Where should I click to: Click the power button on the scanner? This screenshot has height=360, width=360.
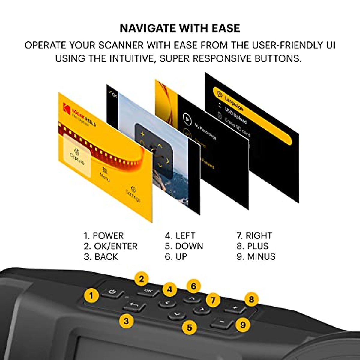click(112, 292)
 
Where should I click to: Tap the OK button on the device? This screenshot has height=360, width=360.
click(148, 291)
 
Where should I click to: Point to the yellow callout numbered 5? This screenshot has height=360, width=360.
click(189, 327)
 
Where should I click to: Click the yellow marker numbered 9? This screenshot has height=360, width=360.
click(243, 325)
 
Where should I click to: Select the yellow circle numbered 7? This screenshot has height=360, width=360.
click(213, 300)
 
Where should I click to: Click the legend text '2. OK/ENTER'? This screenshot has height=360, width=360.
click(110, 246)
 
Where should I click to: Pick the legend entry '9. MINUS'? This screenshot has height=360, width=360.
click(256, 257)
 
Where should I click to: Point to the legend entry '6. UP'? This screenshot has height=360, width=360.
click(176, 257)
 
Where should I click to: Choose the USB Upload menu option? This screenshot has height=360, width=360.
click(235, 115)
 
